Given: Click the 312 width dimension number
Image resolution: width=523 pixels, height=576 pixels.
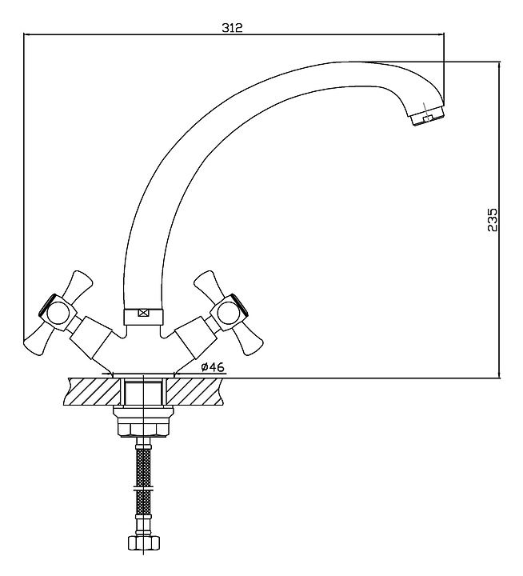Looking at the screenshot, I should click(232, 26).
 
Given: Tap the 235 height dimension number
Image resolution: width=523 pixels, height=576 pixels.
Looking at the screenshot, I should click(493, 219).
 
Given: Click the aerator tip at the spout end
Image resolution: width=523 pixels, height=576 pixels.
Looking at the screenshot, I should click(426, 119).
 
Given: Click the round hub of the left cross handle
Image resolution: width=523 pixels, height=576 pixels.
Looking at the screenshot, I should click(58, 312).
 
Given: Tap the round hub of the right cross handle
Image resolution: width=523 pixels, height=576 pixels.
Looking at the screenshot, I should click(227, 310).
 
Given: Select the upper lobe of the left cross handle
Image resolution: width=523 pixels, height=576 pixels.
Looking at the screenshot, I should click(80, 282).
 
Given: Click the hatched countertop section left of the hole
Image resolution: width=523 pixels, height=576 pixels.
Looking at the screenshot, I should click(90, 391).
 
